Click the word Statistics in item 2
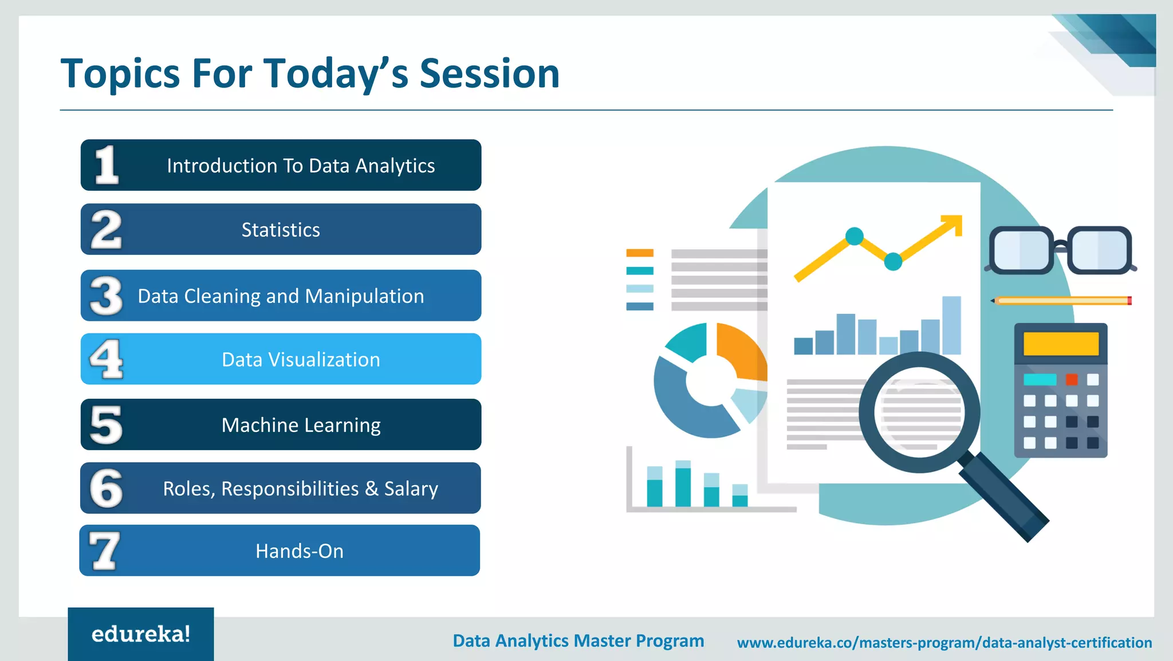(x=281, y=230)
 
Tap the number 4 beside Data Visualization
(x=107, y=359)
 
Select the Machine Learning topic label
(x=301, y=425)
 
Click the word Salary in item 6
(x=411, y=489)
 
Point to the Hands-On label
(x=300, y=551)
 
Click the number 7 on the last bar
(x=104, y=550)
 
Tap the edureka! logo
(x=141, y=634)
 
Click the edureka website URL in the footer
(x=944, y=643)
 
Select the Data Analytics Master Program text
(x=578, y=640)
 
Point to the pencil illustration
(x=1062, y=301)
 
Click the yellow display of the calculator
(x=1061, y=344)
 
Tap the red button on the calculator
(x=1072, y=379)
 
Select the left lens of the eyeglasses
(x=1021, y=250)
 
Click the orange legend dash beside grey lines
(x=640, y=253)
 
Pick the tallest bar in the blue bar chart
(x=951, y=325)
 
